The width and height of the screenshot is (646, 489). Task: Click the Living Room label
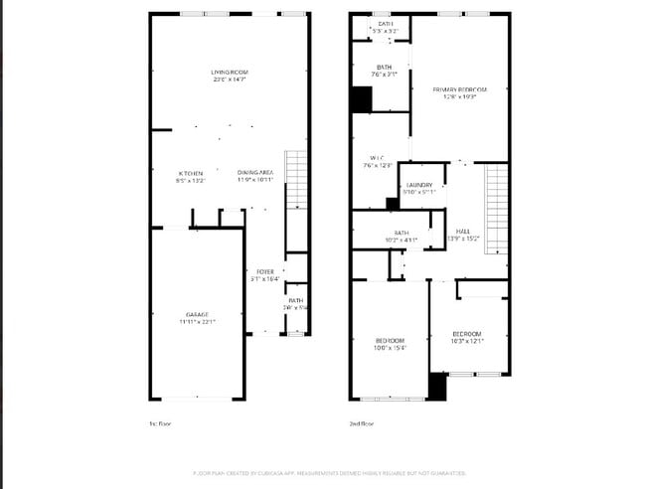tap(229, 73)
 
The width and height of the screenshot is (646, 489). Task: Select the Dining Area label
tap(255, 173)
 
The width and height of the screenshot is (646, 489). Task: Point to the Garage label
tap(196, 314)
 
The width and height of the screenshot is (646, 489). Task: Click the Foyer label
tap(265, 271)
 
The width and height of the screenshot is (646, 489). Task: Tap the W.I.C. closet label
tap(377, 158)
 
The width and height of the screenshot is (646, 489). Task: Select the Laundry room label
tap(417, 185)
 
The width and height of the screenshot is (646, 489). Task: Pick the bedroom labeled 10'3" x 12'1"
tap(466, 333)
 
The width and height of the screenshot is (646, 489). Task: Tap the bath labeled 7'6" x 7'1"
tap(384, 68)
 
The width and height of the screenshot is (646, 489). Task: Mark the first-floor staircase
tap(296, 179)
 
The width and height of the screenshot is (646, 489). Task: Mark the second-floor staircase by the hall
tap(496, 209)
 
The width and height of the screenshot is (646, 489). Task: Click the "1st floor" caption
tap(160, 424)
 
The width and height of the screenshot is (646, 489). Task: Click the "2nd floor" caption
tap(362, 424)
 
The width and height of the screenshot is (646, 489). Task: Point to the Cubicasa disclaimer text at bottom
tap(328, 473)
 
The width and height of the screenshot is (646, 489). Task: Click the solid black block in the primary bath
tap(361, 99)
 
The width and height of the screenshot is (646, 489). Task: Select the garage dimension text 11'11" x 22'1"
tap(196, 321)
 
